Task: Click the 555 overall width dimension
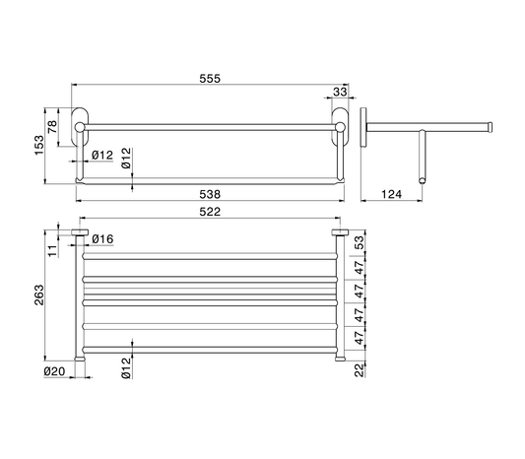point(210,79)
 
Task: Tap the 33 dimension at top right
point(340,92)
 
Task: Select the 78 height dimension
point(53,127)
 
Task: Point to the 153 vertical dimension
point(39,145)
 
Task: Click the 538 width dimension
point(210,194)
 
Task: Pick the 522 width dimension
point(210,212)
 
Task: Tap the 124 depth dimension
point(391,194)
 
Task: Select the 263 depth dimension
point(39,295)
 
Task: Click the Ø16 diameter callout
point(102,239)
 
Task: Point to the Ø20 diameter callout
point(54,371)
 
